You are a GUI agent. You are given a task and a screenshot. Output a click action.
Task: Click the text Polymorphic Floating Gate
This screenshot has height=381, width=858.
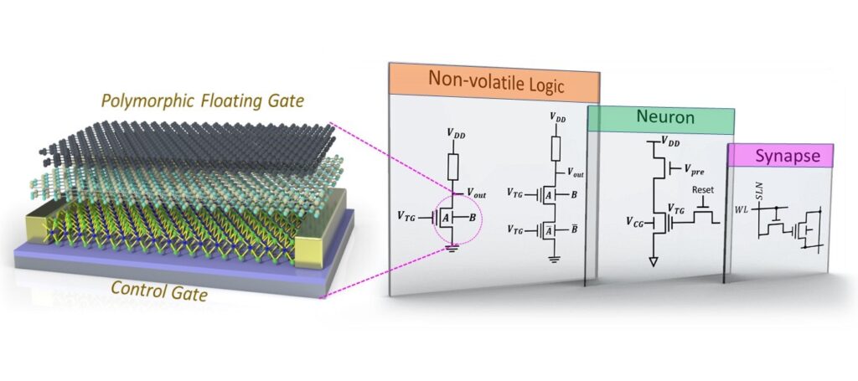(x=203, y=100)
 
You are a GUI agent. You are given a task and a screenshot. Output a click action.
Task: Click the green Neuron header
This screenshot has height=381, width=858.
(x=661, y=119)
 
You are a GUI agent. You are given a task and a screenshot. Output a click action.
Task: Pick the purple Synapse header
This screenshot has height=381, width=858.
(x=780, y=156)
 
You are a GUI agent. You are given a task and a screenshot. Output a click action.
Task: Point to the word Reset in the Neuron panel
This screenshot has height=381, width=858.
(x=704, y=190)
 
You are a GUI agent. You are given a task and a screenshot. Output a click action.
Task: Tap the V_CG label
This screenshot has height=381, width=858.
(x=637, y=221)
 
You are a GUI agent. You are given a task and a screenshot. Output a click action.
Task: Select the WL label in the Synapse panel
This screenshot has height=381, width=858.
(x=741, y=209)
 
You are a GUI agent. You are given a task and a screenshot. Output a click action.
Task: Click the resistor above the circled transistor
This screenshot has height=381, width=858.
(x=453, y=167)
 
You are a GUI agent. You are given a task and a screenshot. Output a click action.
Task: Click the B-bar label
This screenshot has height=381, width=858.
(x=575, y=229)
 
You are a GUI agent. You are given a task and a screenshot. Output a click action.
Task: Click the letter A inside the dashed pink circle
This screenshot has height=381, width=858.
(x=447, y=218)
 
